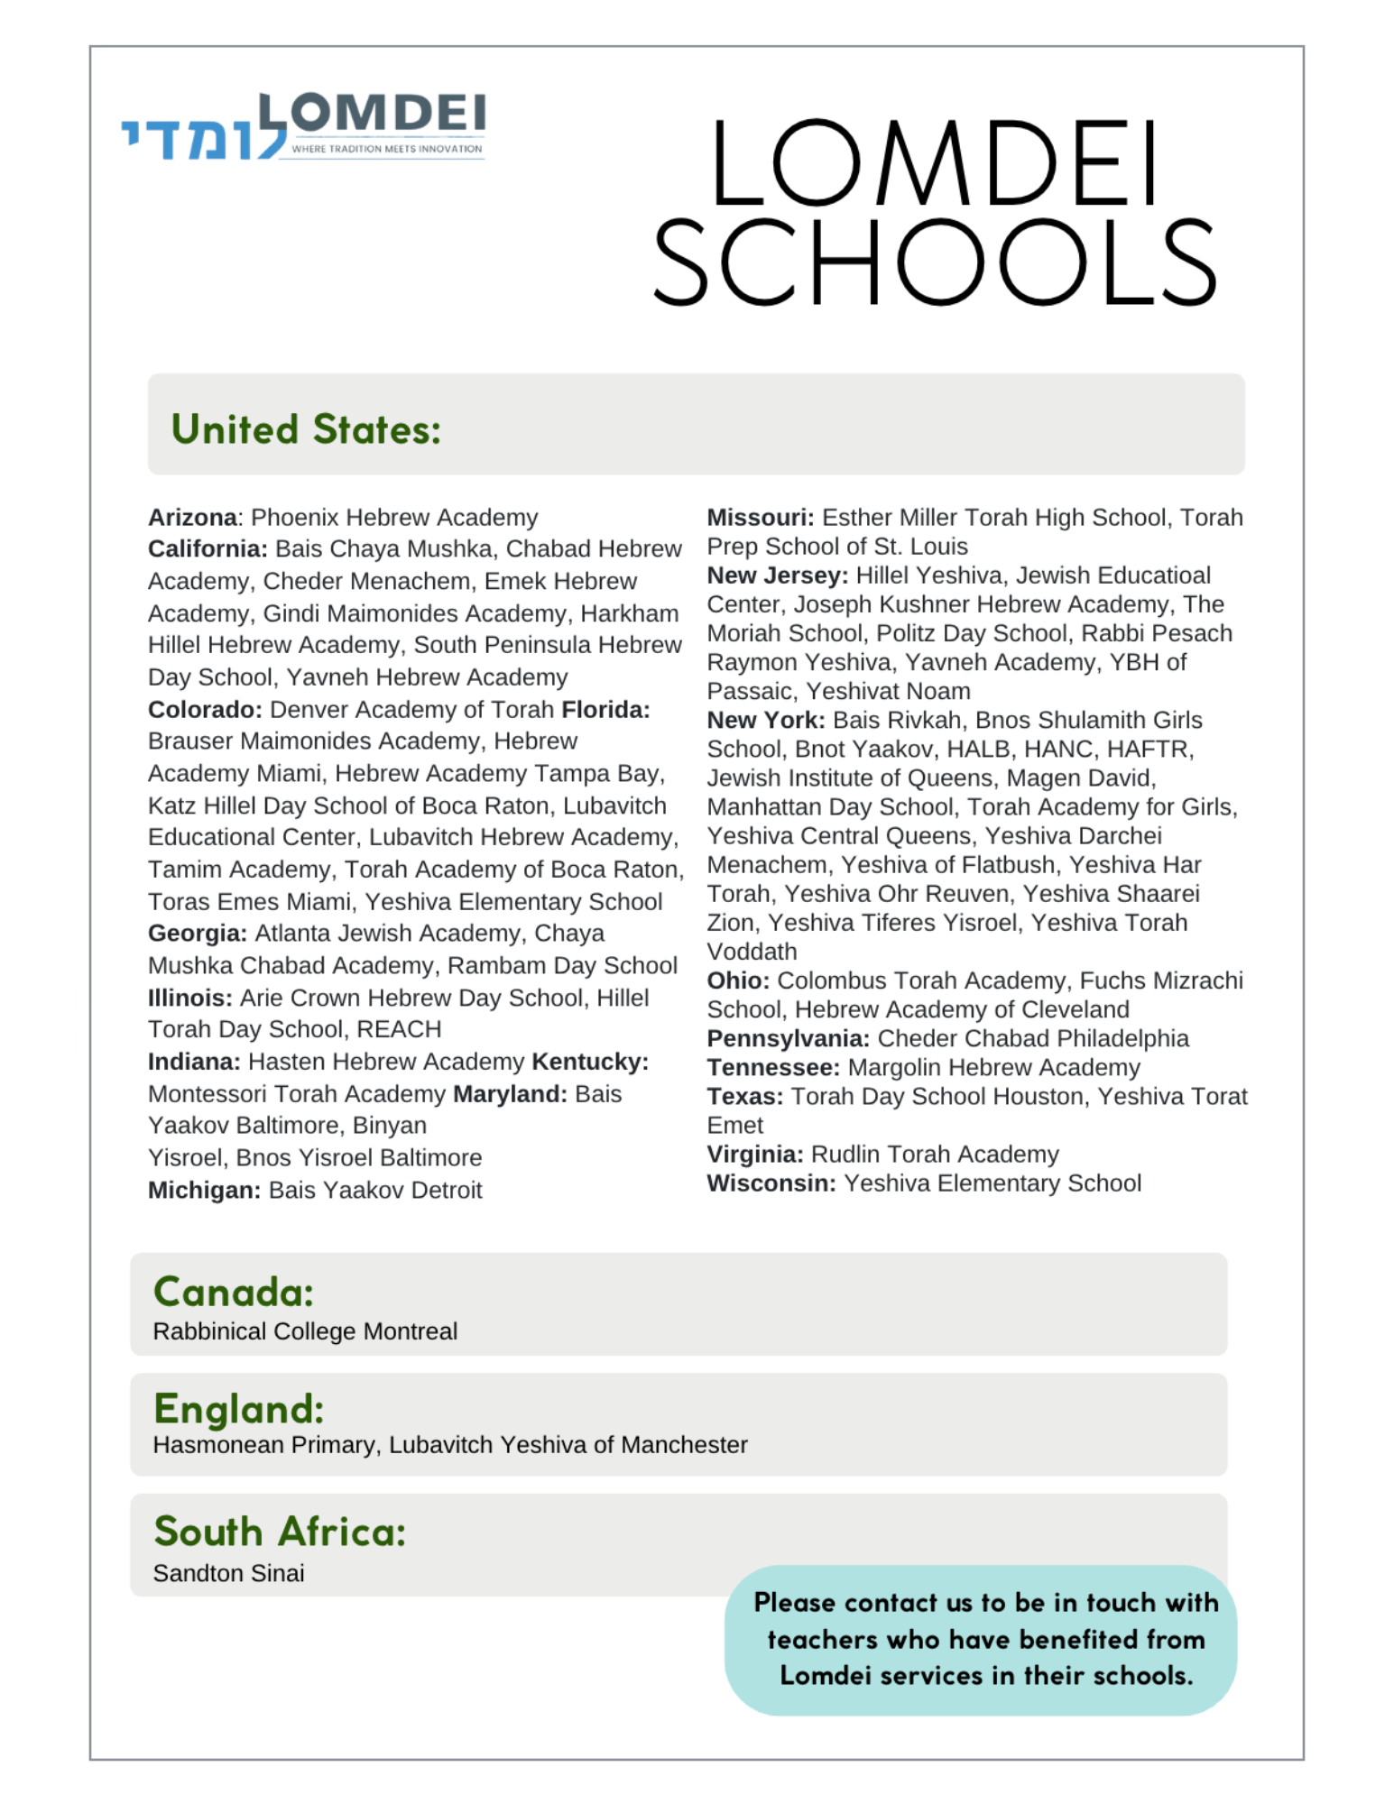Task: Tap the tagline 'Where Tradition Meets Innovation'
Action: point(386,149)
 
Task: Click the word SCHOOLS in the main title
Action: point(935,262)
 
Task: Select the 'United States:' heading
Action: point(306,429)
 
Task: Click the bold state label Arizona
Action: point(193,518)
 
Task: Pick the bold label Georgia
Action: point(197,934)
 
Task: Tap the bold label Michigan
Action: point(204,1190)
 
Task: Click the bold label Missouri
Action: point(760,518)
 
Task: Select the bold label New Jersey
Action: point(777,575)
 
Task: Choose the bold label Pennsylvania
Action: point(788,1039)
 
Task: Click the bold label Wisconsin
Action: point(771,1183)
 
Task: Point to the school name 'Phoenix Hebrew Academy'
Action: point(394,518)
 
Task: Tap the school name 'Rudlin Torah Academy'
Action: point(935,1155)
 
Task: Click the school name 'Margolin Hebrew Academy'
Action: point(994,1068)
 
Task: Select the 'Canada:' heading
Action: point(234,1292)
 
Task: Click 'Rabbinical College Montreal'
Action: point(305,1331)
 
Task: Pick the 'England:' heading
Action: point(238,1409)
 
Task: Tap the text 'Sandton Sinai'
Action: point(228,1573)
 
